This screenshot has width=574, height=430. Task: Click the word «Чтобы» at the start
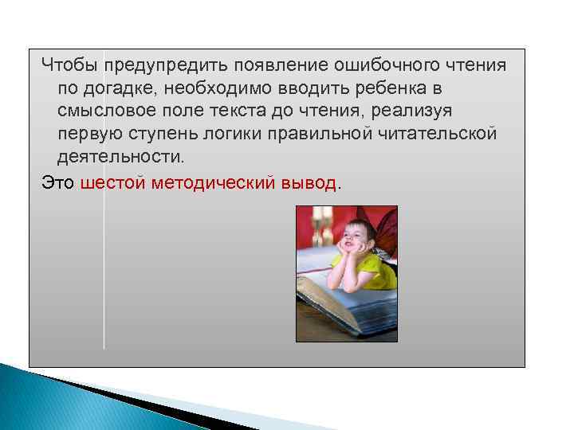coord(68,63)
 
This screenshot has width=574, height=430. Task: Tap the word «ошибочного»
coord(385,63)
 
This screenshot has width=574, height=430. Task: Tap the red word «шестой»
coord(112,182)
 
